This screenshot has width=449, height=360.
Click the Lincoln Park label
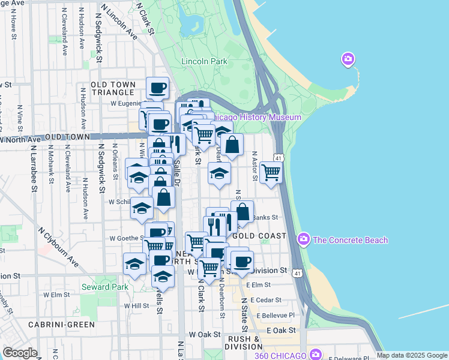coord(204,61)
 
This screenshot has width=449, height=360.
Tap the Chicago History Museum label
coord(257,118)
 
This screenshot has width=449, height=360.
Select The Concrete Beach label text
coord(351,240)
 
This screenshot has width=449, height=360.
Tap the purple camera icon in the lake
coord(348,59)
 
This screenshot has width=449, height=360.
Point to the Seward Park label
coord(105,287)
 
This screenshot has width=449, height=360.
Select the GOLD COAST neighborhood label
coord(259,236)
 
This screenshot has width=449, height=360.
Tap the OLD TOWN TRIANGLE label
coord(112,89)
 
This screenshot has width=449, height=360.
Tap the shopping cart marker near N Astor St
coord(271,173)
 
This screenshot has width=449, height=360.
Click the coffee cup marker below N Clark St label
coord(158,88)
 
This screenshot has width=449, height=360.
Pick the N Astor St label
coord(255,166)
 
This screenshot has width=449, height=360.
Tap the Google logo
coord(20,353)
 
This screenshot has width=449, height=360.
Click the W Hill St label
coord(136,305)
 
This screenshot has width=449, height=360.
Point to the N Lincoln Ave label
coord(119,23)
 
